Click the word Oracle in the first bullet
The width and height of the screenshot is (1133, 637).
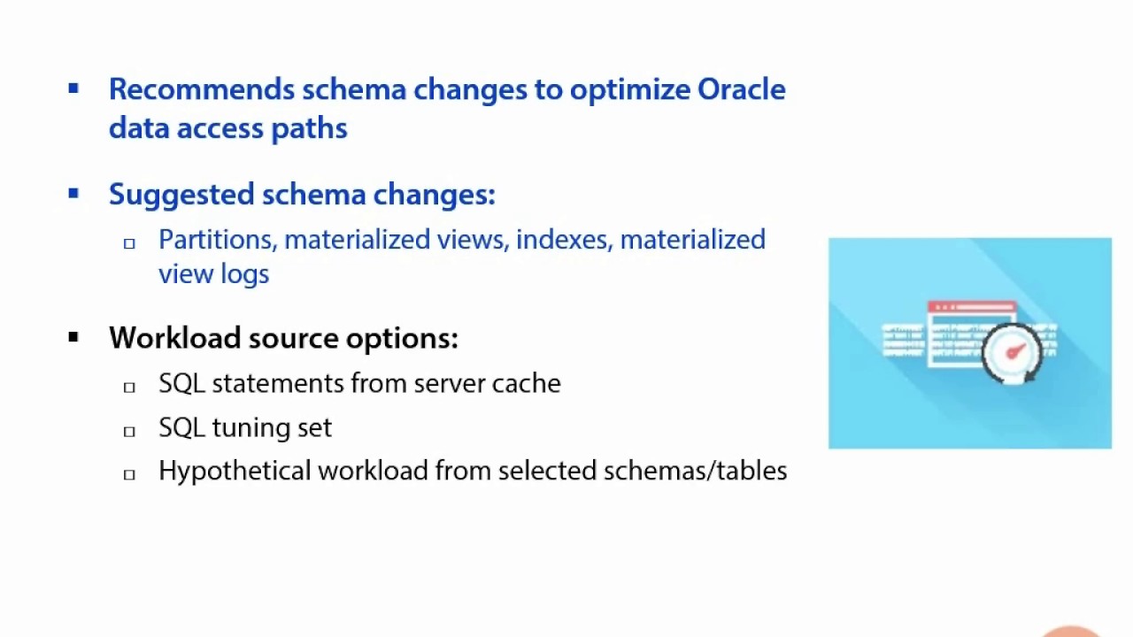(741, 89)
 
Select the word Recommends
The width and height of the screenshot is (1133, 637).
(202, 89)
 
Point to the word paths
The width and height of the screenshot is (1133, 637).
(309, 129)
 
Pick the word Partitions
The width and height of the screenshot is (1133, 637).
(218, 240)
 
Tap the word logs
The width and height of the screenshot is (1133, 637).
(245, 275)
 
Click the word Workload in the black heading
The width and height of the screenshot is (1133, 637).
(174, 338)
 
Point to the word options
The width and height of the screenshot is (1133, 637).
(402, 339)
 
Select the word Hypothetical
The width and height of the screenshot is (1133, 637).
(235, 472)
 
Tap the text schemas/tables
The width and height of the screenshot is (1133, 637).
(693, 472)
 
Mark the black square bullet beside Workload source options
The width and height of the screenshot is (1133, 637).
(73, 337)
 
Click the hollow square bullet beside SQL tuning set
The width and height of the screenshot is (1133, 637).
(129, 431)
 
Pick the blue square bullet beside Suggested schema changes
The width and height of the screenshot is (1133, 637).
(73, 194)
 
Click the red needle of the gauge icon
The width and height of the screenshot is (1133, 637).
(1015, 351)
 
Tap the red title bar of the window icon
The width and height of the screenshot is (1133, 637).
(972, 307)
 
